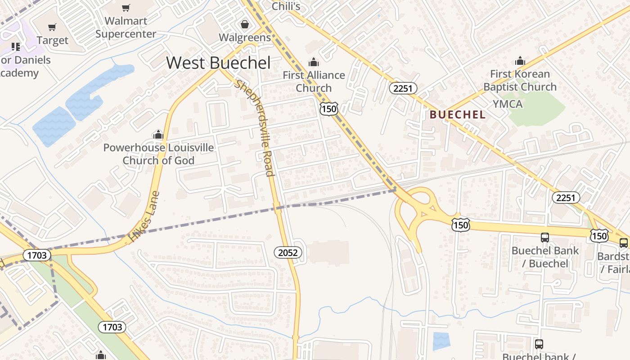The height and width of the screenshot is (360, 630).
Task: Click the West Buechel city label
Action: pyautogui.click(x=218, y=63)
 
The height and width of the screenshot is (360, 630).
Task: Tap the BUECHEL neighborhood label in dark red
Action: pyautogui.click(x=457, y=115)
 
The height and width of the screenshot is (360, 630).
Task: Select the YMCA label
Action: pyautogui.click(x=508, y=104)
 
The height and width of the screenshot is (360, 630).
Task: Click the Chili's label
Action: pyautogui.click(x=286, y=6)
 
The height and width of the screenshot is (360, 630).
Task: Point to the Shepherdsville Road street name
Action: pyautogui.click(x=255, y=128)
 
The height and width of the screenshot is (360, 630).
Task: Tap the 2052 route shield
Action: pyautogui.click(x=288, y=252)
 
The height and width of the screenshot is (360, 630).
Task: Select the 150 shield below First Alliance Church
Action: pyautogui.click(x=329, y=108)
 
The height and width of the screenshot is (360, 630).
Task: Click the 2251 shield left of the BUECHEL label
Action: pyautogui.click(x=403, y=88)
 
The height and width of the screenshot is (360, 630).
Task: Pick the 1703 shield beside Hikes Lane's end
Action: pyautogui.click(x=36, y=255)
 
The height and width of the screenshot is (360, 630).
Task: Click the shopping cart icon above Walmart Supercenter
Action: pyautogui.click(x=126, y=8)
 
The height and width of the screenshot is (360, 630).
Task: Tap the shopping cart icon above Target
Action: pyautogui.click(x=52, y=27)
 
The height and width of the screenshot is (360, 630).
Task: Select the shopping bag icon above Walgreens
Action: pyautogui.click(x=245, y=24)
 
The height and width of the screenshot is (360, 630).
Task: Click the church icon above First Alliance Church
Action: pyautogui.click(x=313, y=62)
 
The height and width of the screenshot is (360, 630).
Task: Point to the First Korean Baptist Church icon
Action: pyautogui.click(x=520, y=61)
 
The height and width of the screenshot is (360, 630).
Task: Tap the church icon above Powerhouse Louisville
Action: pyautogui.click(x=158, y=135)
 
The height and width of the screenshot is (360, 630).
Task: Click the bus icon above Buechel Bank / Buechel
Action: pyautogui.click(x=545, y=237)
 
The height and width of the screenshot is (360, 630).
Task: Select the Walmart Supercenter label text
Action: pyautogui.click(x=126, y=27)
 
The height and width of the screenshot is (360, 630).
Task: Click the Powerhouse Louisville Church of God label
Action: pyautogui.click(x=158, y=154)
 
